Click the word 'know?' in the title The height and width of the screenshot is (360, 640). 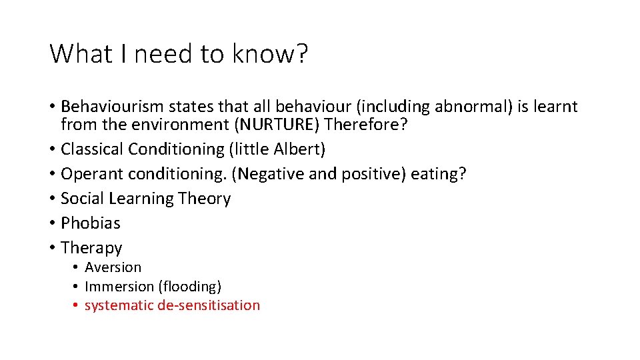pos(270,53)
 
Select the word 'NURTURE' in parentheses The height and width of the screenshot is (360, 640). pos(287,125)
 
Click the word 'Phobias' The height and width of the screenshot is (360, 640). pos(91,223)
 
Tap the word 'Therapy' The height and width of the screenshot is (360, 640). pos(91,248)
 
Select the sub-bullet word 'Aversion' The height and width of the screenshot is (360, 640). pos(113,267)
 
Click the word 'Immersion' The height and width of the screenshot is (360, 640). pos(119,287)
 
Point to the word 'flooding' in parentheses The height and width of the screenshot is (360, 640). pos(189,287)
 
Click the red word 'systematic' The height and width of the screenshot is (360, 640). pos(119,305)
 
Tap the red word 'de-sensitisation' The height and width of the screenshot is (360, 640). pos(209,305)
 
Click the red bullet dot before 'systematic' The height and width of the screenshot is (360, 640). pos(77,305)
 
